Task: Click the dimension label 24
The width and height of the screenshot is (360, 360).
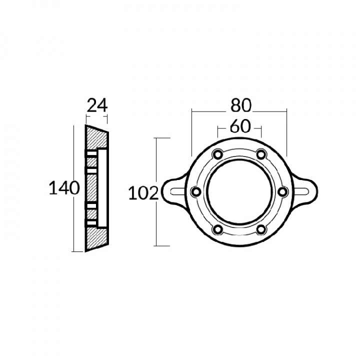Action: click(x=97, y=105)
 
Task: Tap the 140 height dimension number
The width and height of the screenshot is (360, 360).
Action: click(x=64, y=188)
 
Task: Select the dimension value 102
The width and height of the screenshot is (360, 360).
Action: click(x=143, y=193)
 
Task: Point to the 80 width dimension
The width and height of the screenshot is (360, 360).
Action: click(x=241, y=105)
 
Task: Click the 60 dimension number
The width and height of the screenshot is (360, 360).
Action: click(x=240, y=126)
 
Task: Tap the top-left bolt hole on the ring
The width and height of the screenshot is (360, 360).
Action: click(x=217, y=154)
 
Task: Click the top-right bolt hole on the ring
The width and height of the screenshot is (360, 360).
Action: click(x=261, y=154)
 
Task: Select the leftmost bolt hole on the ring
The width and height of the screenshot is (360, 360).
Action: click(x=196, y=191)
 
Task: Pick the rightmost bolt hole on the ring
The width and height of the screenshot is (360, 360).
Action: click(x=283, y=191)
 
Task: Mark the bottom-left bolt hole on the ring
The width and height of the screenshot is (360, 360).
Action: click(x=217, y=229)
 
